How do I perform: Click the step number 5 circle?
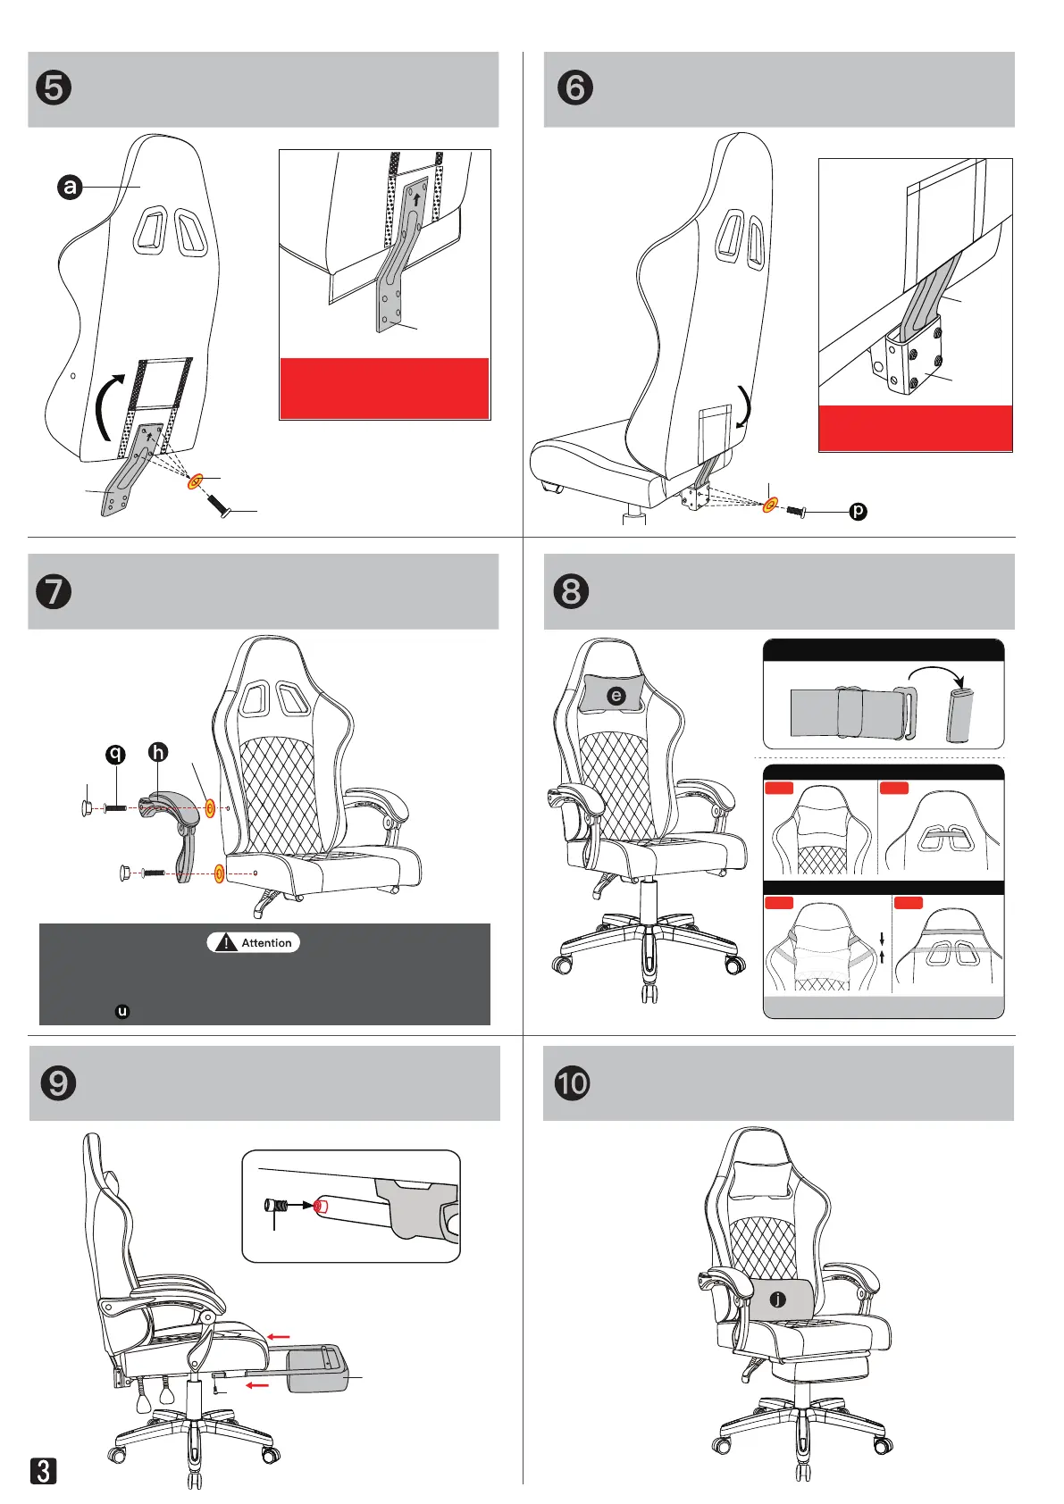(54, 88)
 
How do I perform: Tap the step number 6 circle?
(575, 88)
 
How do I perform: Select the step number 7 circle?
(54, 591)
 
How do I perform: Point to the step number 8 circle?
(572, 591)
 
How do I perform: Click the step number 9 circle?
(59, 1083)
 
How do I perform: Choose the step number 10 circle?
(573, 1083)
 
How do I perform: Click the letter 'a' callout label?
(70, 187)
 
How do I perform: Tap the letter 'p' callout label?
(858, 512)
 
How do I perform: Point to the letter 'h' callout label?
(158, 753)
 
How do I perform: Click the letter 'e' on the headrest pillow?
(616, 696)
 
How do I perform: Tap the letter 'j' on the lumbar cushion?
(778, 1299)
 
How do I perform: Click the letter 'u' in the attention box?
(122, 1012)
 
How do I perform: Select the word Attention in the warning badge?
(266, 943)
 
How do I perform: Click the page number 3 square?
(44, 1471)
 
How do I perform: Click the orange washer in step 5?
(195, 483)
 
